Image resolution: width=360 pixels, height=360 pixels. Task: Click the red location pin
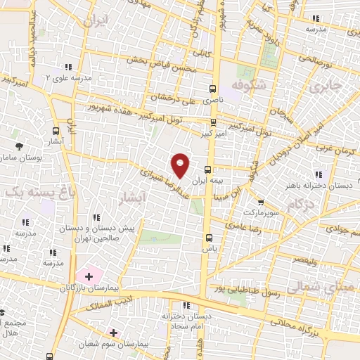[181, 165]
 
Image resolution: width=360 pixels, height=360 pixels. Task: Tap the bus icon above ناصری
[213, 89]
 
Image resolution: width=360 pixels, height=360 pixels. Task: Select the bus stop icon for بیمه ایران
[208, 169]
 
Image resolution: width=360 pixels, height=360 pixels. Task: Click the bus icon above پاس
[209, 237]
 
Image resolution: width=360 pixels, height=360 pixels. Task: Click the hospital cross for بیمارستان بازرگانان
[89, 277]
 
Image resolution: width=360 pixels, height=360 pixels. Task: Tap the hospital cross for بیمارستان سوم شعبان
[113, 332]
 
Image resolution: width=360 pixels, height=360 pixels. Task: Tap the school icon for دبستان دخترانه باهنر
[319, 174]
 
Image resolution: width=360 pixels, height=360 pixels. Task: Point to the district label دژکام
[300, 205]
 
